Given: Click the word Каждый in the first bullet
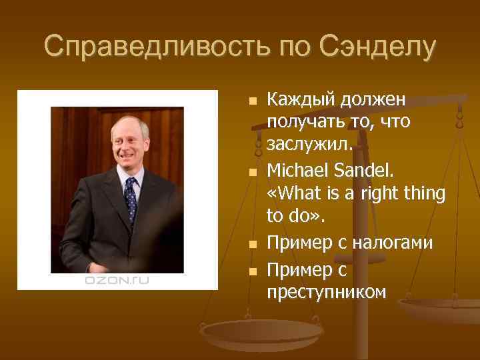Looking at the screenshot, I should click(x=300, y=101).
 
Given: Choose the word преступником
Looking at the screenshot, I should click(x=326, y=292).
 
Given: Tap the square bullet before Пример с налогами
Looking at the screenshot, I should click(x=251, y=245).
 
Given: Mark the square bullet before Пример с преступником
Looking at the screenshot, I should click(x=251, y=272).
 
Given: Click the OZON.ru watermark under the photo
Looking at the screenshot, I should click(x=117, y=281).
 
